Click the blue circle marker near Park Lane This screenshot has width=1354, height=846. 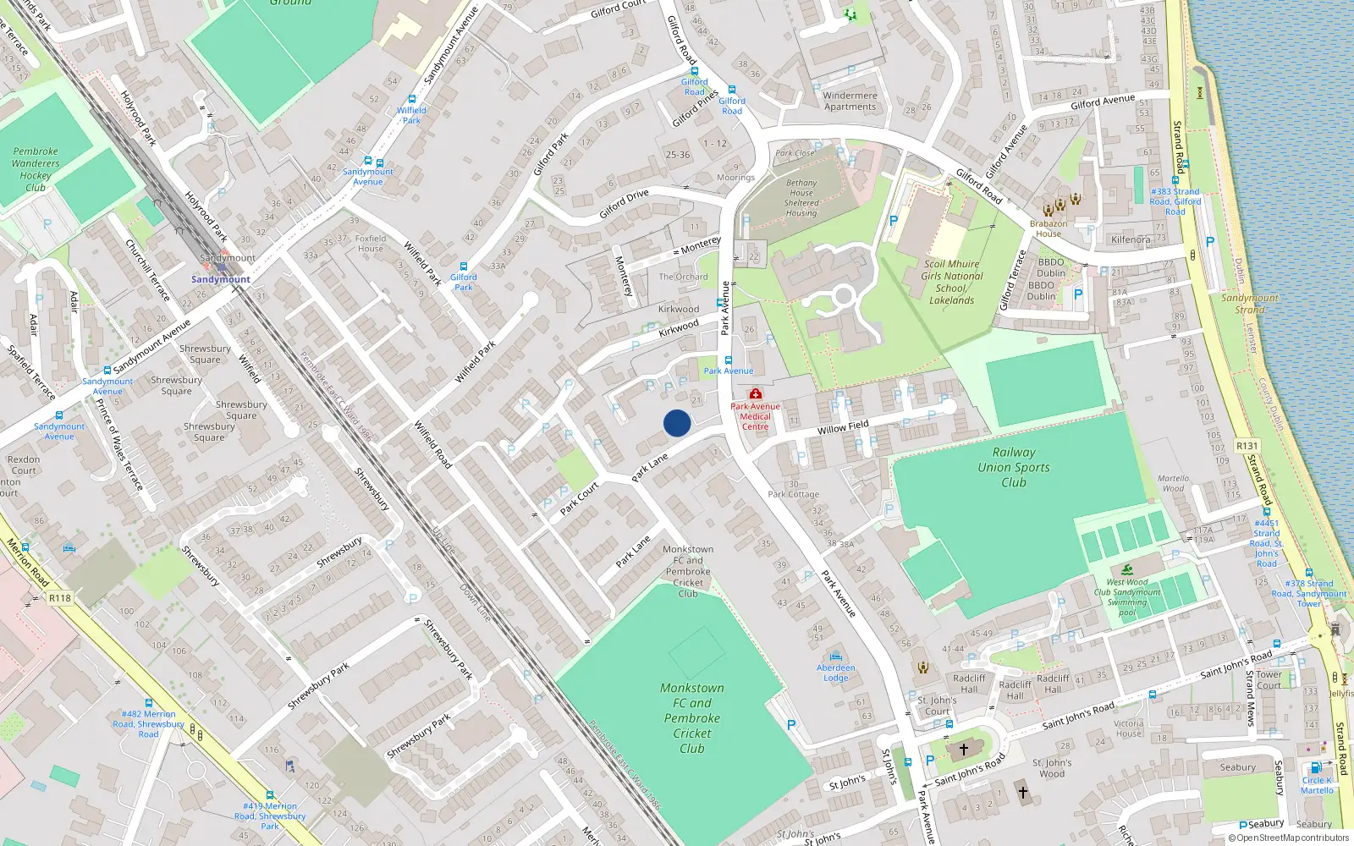677,423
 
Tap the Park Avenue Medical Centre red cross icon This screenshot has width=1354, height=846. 756,394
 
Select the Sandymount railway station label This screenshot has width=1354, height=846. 221,279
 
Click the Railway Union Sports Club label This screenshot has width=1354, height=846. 1014,467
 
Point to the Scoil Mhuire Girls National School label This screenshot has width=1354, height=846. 952,282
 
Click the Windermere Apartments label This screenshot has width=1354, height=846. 850,101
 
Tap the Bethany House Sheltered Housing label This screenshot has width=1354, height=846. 801,198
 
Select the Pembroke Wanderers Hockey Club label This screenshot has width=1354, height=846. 36,169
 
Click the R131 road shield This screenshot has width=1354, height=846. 1247,446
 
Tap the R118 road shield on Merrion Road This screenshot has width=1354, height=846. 60,598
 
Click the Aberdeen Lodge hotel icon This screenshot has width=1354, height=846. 836,656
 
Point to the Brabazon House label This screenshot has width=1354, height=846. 1049,228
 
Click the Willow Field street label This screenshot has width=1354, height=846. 843,427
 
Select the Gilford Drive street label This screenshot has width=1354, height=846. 624,204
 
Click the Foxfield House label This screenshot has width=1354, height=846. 371,244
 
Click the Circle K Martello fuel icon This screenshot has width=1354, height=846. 1316,768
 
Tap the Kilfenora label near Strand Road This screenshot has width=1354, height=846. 1131,239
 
